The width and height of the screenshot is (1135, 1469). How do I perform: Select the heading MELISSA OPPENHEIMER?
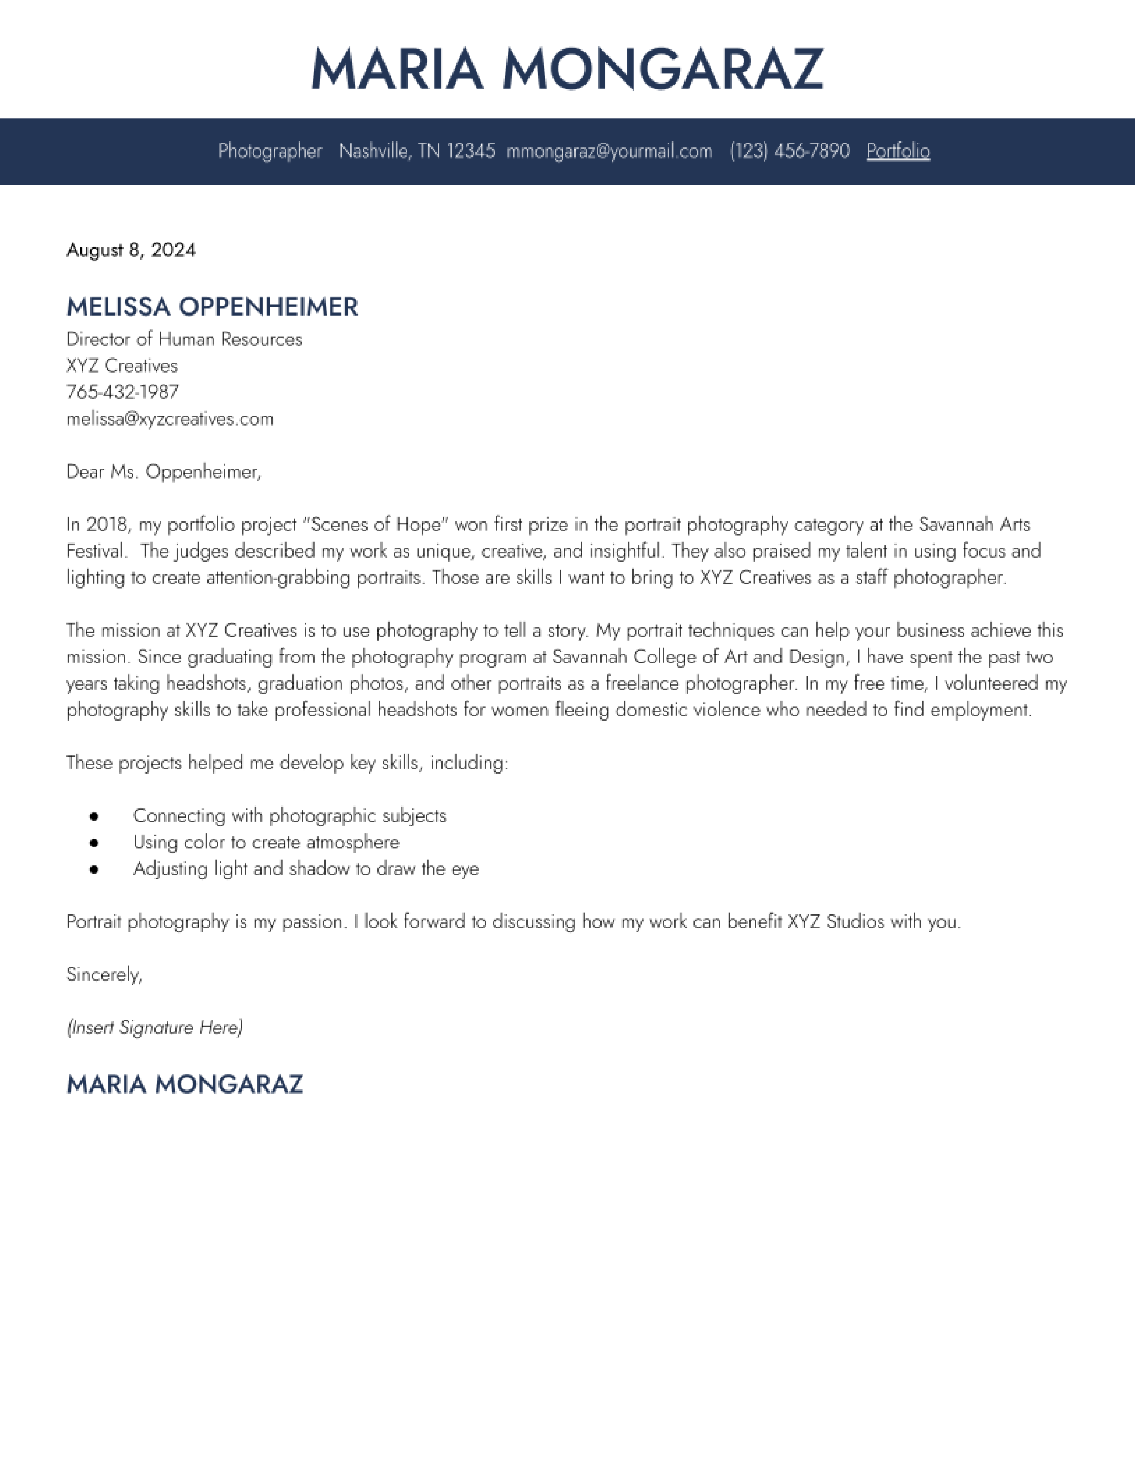tap(212, 308)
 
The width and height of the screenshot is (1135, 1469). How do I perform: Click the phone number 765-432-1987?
tap(122, 392)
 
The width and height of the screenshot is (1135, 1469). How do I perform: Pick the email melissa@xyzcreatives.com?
tap(170, 419)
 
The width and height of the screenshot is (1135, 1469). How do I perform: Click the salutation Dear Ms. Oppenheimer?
tap(163, 472)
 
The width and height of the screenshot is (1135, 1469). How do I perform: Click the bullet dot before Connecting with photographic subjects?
tap(94, 816)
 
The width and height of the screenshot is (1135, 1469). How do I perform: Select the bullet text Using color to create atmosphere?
tap(266, 843)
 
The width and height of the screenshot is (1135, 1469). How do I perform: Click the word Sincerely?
tap(104, 974)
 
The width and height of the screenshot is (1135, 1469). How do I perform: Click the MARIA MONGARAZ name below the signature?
tap(185, 1084)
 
